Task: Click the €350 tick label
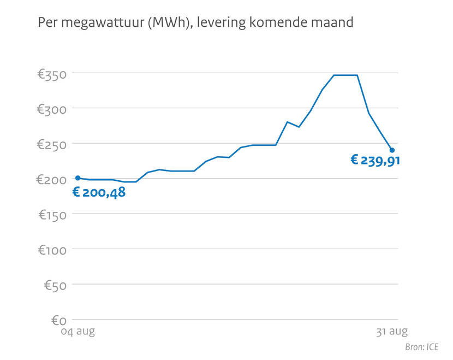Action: coord(52,74)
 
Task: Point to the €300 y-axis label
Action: coord(52,109)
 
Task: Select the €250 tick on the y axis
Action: coord(52,145)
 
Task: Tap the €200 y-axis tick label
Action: coord(52,180)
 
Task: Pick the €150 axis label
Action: coord(52,215)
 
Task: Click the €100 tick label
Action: coord(52,250)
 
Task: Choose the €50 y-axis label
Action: coord(55,285)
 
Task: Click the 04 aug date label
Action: coord(77,332)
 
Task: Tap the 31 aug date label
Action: coord(392,332)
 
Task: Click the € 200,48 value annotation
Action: coord(99,192)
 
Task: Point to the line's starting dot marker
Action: coord(78,178)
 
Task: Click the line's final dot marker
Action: coord(392,150)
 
